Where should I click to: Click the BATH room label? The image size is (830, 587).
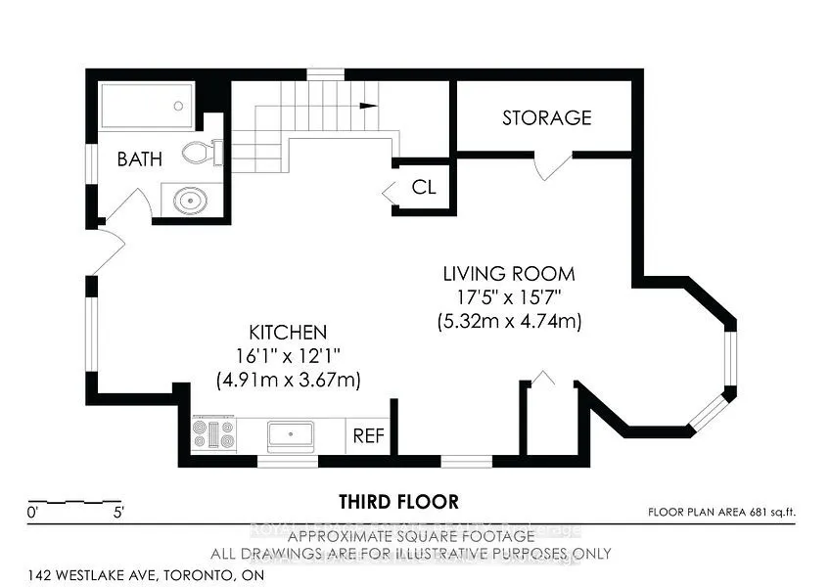click(140, 158)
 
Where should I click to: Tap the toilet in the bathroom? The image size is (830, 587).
click(201, 152)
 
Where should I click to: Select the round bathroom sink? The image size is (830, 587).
click(189, 200)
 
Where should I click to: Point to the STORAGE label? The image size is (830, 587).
click(546, 117)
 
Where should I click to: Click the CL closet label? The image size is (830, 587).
click(423, 187)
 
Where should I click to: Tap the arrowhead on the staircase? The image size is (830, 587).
click(369, 105)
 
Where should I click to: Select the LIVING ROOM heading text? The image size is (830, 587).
click(508, 273)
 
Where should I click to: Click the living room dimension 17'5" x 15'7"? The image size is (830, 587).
click(508, 296)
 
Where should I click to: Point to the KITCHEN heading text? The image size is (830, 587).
click(288, 333)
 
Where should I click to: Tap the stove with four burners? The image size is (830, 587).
click(213, 433)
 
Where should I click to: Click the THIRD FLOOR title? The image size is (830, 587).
click(398, 502)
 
